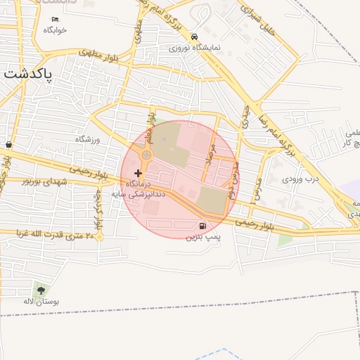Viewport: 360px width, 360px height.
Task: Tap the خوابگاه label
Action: [x=55, y=30]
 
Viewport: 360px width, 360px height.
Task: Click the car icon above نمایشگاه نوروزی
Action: [x=195, y=37]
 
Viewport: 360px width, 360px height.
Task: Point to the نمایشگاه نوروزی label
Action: [x=195, y=49]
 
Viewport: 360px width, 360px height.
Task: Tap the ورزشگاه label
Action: [x=89, y=139]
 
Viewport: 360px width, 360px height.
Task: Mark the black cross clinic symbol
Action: [x=137, y=172]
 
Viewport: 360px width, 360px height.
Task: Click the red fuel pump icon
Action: [x=203, y=226]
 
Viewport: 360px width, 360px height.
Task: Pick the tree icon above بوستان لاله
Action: [x=39, y=289]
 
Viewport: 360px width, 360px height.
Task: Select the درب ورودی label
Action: [x=300, y=179]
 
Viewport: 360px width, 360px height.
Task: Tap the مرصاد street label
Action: [x=209, y=152]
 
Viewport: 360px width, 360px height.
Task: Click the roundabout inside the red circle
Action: [x=146, y=155]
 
